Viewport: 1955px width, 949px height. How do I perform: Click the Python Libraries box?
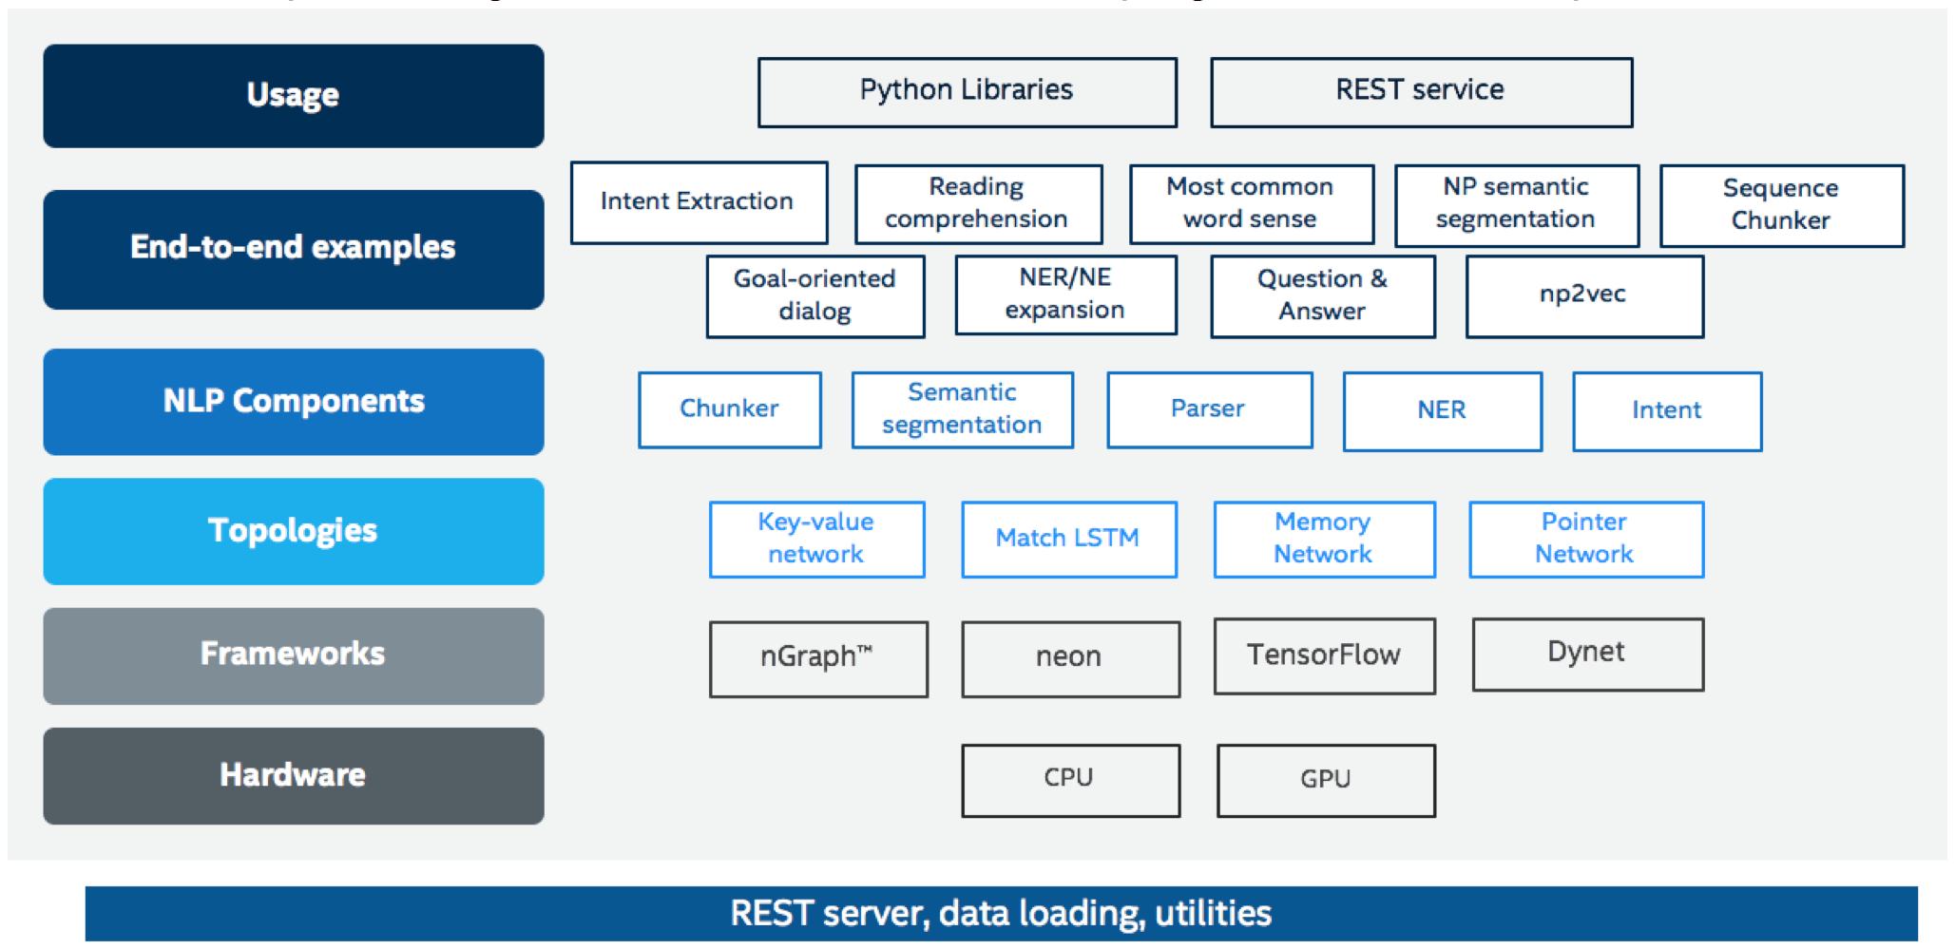click(967, 92)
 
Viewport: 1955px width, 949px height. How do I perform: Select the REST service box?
click(1421, 92)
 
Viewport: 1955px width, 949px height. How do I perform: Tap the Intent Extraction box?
click(699, 202)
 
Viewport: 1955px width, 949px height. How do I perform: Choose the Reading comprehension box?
click(978, 203)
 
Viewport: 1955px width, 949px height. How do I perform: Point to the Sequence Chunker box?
click(1781, 205)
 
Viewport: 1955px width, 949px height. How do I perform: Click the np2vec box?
click(1584, 295)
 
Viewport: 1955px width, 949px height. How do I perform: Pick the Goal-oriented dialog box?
click(815, 295)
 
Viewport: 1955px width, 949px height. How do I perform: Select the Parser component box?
click(1209, 409)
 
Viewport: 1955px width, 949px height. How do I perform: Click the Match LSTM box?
click(1068, 539)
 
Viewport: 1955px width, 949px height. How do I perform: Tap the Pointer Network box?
click(1585, 539)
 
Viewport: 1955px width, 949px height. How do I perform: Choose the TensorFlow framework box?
click(1324, 655)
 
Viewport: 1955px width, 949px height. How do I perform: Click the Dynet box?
click(1587, 654)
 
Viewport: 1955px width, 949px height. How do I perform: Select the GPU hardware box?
click(1326, 780)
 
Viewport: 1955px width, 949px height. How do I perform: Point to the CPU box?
click(1070, 780)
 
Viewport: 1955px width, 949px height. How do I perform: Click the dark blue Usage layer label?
click(294, 96)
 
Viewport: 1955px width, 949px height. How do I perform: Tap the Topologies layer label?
click(294, 531)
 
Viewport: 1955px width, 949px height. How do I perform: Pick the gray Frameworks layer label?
click(294, 655)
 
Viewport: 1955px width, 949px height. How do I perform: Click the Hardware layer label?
click(294, 775)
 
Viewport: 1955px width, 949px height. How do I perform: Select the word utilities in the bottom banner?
click(1213, 913)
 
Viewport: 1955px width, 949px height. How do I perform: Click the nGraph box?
click(817, 659)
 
